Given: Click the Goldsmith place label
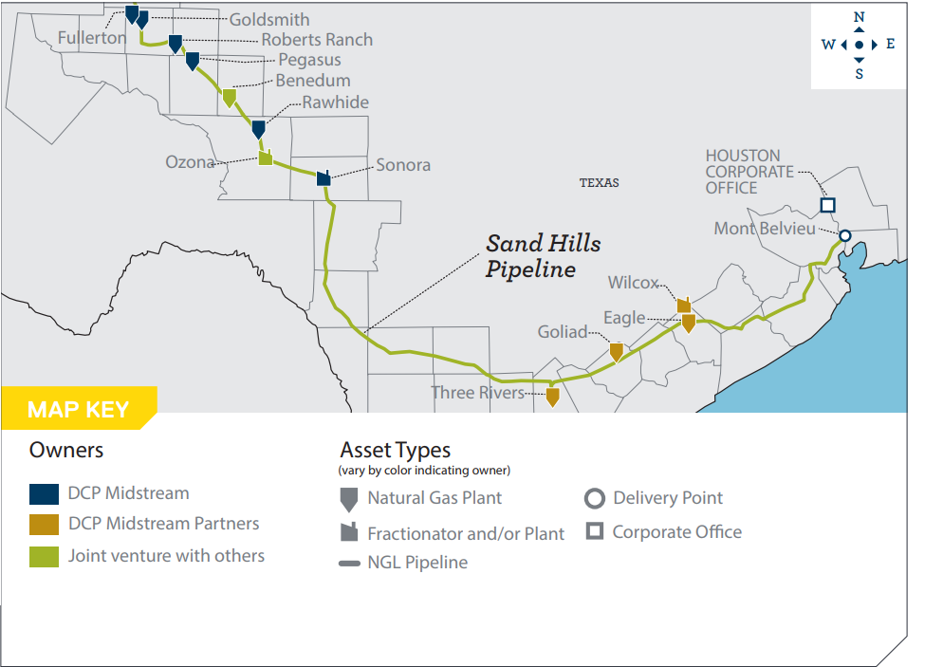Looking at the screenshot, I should click(269, 19).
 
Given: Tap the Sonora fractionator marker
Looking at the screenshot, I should click(324, 177).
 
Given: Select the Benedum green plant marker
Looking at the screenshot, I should click(229, 97).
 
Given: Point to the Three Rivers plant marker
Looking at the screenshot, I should click(552, 397).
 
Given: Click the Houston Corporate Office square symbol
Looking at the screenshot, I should click(827, 205).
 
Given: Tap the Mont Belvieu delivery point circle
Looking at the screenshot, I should click(844, 236).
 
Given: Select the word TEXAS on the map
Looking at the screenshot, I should click(599, 182).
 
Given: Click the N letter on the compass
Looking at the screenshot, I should click(859, 17).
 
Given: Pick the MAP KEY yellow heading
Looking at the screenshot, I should click(78, 409).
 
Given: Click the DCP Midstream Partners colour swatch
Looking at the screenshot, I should click(44, 524).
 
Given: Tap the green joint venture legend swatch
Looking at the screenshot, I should click(44, 556).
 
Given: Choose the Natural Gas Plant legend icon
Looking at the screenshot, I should click(348, 499).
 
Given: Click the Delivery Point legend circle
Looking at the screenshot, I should click(595, 499).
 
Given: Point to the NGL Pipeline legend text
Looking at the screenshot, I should click(417, 563).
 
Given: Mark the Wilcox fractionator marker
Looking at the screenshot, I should click(684, 305).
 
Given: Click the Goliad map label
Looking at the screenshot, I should click(563, 332).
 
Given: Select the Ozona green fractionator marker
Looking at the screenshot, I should click(266, 157).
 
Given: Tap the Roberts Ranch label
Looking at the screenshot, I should click(317, 40).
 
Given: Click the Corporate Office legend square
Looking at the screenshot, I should click(595, 532).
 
